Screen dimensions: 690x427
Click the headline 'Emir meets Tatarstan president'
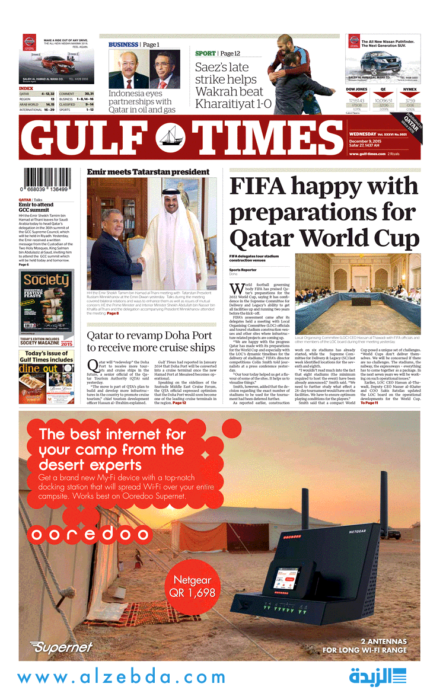click(x=148, y=172)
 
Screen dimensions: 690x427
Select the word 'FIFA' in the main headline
click(x=259, y=186)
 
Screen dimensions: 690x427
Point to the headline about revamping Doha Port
click(x=151, y=341)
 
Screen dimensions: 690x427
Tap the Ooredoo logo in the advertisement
click(x=90, y=534)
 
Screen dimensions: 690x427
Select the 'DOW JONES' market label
click(x=356, y=90)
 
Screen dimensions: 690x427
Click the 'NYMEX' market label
click(x=410, y=90)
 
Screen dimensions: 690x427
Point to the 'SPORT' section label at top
click(x=205, y=53)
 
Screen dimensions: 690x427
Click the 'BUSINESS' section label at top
click(x=123, y=44)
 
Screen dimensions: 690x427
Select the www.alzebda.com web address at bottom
click(x=122, y=677)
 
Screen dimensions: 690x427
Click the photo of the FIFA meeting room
click(x=358, y=293)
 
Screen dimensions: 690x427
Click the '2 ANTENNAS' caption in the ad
click(x=384, y=641)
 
